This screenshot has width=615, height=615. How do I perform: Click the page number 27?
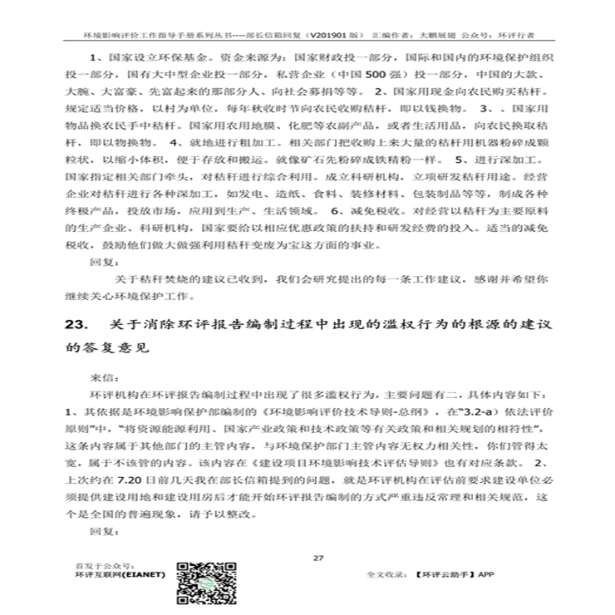pos(317,557)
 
